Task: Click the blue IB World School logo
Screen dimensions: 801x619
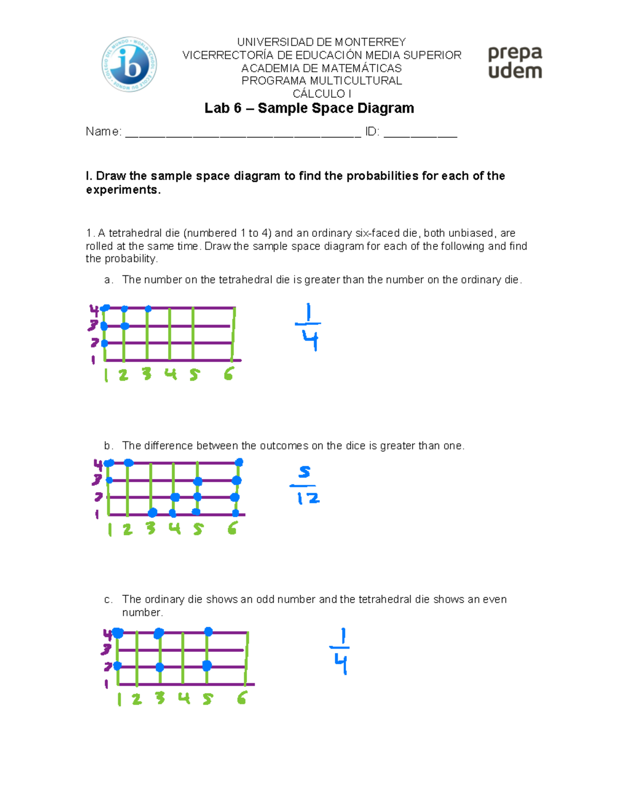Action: point(129,64)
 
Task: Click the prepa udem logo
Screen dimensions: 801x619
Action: point(515,62)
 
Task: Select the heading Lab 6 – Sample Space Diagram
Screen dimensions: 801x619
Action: point(309,108)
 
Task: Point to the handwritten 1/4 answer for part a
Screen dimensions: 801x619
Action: point(308,327)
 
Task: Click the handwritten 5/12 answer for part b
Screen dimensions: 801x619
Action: point(305,485)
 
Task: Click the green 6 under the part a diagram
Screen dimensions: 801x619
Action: point(229,374)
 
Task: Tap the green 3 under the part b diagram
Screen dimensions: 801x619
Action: point(150,528)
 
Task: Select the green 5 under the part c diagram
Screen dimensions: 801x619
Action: point(207,699)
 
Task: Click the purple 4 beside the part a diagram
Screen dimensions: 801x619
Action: point(94,310)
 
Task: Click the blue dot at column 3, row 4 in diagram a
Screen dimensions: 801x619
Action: point(148,309)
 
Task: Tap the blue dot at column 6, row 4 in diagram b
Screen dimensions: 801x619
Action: point(239,463)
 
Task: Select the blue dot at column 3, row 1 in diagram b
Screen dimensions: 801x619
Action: point(152,513)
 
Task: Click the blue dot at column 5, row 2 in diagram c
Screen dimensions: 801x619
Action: point(207,666)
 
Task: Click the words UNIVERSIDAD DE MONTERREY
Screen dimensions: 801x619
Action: point(321,42)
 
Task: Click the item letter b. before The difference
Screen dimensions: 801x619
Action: point(108,446)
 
